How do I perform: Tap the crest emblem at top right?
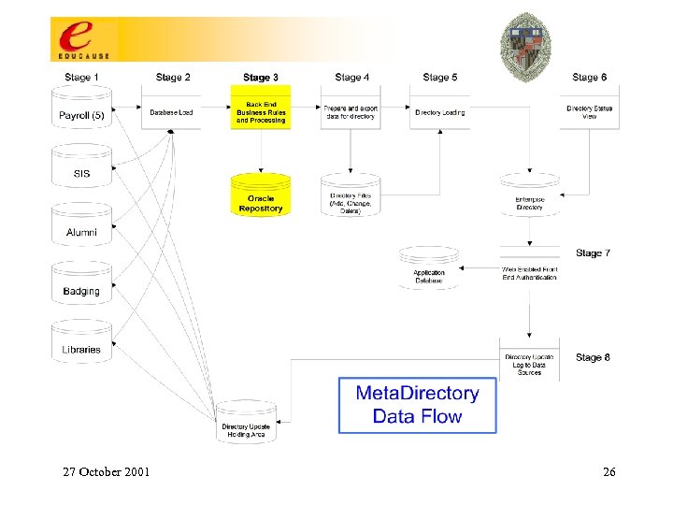(x=526, y=39)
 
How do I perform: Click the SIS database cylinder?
(x=81, y=169)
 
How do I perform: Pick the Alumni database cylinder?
(x=81, y=227)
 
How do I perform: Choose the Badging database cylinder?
(x=81, y=286)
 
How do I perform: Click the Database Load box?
(x=171, y=111)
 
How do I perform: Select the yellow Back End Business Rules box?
(x=261, y=110)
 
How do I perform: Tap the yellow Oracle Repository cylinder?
(x=261, y=198)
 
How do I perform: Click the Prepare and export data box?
(x=350, y=111)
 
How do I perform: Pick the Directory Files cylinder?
(x=350, y=198)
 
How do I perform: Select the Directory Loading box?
(x=439, y=111)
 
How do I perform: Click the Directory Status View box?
(x=590, y=111)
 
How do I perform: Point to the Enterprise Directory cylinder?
(x=529, y=197)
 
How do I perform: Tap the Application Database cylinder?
(x=429, y=270)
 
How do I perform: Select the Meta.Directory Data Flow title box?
(x=417, y=404)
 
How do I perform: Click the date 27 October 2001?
(x=106, y=471)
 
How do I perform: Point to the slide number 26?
(x=609, y=471)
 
